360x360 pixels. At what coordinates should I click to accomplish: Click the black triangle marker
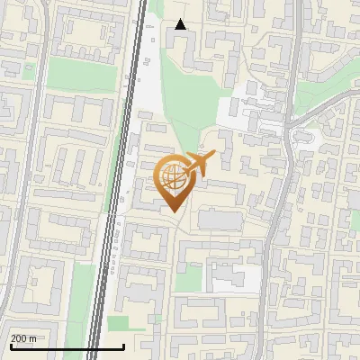pyautogui.click(x=181, y=24)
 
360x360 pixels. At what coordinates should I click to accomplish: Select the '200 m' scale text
pyautogui.click(x=23, y=338)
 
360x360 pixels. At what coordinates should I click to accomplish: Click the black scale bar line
pyautogui.click(x=67, y=347)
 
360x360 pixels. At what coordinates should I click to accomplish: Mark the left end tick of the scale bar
pyautogui.click(x=10, y=346)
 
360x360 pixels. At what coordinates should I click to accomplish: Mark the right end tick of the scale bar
pyautogui.click(x=123, y=346)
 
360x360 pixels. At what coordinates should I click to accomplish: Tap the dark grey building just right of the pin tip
pyautogui.click(x=220, y=219)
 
